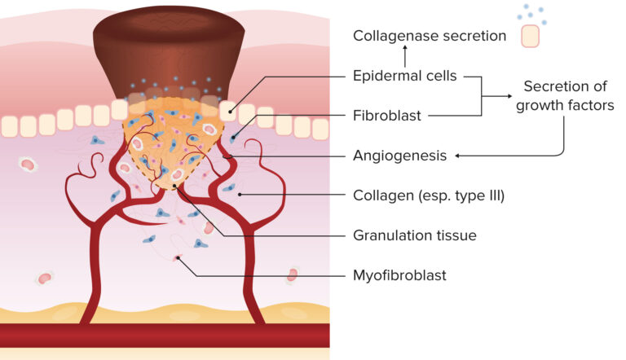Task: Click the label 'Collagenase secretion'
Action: pos(430,37)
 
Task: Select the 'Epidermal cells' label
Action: pos(404,76)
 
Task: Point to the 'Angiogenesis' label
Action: pos(399,155)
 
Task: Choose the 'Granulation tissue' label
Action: pos(414,235)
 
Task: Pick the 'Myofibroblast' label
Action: pos(399,275)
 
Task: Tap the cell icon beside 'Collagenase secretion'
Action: pos(531,36)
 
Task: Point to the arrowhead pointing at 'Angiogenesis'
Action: pos(457,155)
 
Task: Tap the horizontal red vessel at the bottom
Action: pos(163,335)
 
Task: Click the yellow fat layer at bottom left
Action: pos(33,311)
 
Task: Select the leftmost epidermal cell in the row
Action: pos(9,126)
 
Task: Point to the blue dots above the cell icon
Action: pos(531,13)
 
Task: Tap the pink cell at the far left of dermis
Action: pos(29,165)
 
